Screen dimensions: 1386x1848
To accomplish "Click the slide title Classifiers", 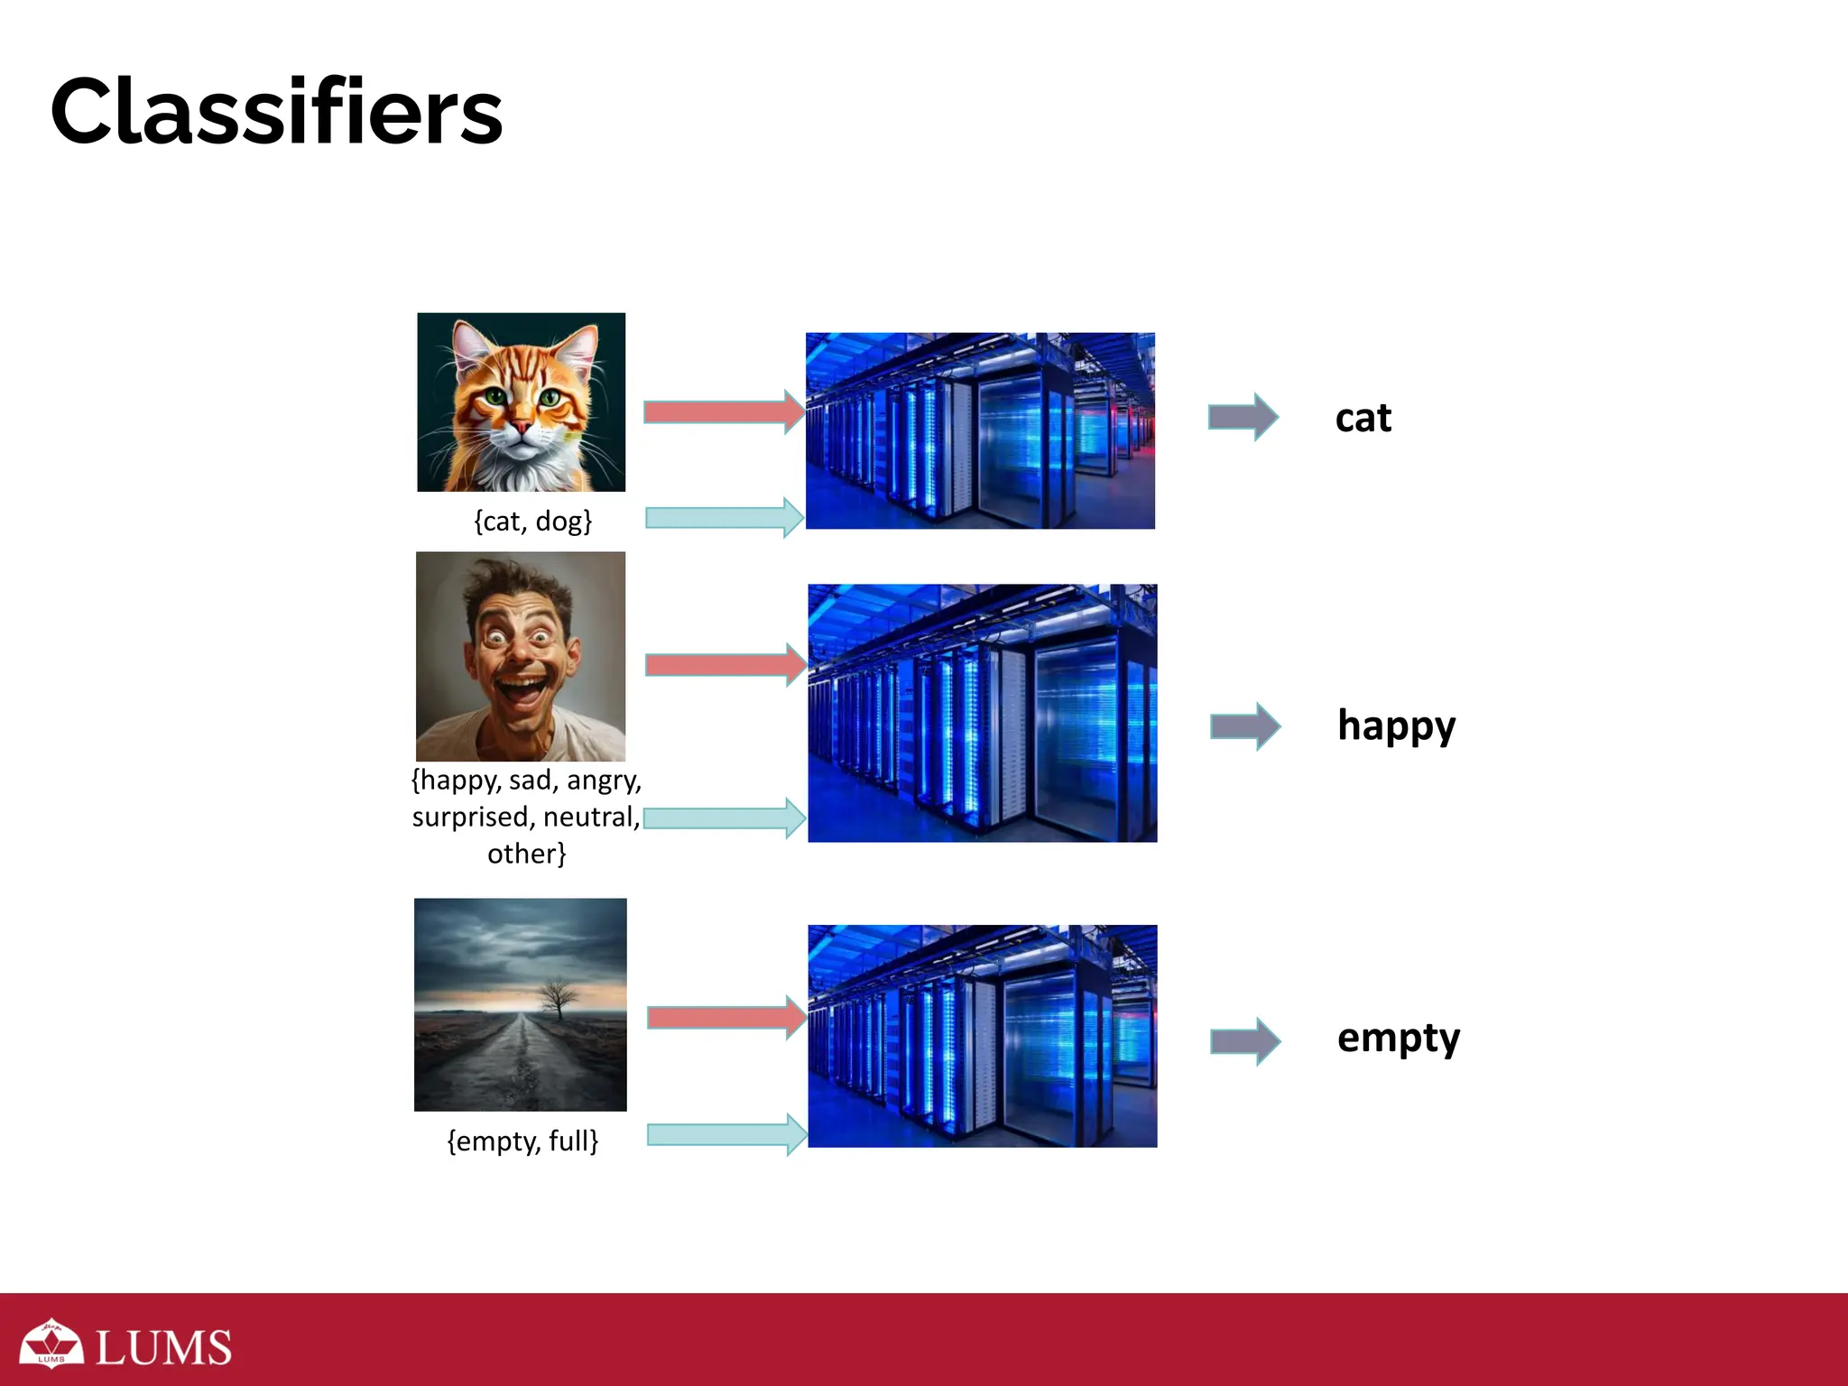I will pyautogui.click(x=276, y=112).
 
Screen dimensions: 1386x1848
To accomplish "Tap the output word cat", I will pyautogui.click(x=1363, y=419).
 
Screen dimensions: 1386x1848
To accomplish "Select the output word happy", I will pyautogui.click(x=1396, y=726).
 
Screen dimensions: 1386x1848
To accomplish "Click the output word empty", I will pyautogui.click(x=1398, y=1039).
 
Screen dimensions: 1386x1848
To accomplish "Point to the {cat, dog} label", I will pyautogui.click(x=532, y=522).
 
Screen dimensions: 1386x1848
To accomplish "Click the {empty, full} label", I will pyautogui.click(x=522, y=1141).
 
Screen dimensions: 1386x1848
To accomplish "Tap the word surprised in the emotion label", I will pyautogui.click(x=470, y=818).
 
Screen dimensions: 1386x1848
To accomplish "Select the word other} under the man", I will pyautogui.click(x=526, y=854).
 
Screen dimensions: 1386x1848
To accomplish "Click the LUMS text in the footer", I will pyautogui.click(x=163, y=1348).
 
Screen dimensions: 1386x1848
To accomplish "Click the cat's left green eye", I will pyautogui.click(x=494, y=396).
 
